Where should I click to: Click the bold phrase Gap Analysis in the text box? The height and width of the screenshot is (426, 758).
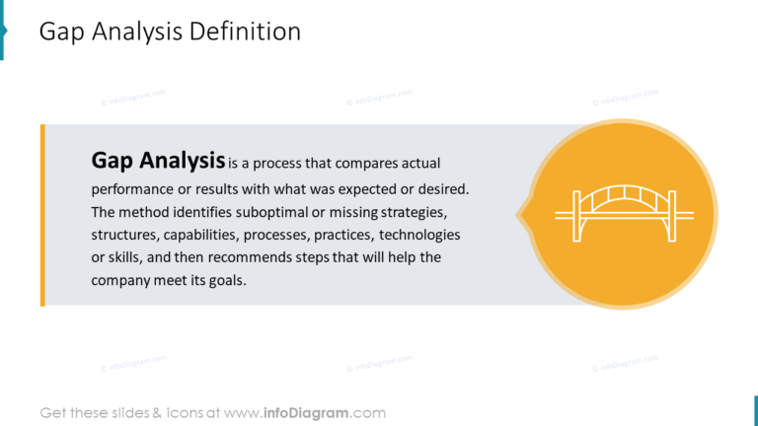coord(158,160)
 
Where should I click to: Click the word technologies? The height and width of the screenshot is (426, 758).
coord(419,235)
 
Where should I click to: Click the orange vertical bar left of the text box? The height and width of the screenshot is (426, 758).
coord(42,214)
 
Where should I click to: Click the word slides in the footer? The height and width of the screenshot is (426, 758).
coord(127,412)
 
